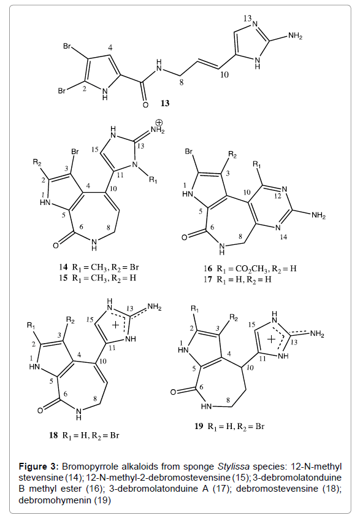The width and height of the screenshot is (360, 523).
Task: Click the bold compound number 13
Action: coord(165,103)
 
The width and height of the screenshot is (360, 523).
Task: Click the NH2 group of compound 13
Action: coord(295,36)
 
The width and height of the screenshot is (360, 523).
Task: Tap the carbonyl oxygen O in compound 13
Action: coord(145,106)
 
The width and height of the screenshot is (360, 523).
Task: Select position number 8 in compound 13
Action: coord(182,82)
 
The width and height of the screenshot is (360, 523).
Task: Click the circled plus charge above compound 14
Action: coord(159,122)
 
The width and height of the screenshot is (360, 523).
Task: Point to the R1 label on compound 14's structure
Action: coord(153,180)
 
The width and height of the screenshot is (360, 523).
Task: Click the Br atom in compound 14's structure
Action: coord(75,152)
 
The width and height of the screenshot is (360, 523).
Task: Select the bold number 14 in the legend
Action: coord(63,267)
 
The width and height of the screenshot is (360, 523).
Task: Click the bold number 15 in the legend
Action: coord(63,277)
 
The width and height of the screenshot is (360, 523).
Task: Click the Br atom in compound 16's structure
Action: coord(189,152)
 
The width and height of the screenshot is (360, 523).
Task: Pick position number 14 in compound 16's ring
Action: coord(283,237)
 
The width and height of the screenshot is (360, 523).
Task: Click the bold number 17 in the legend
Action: coord(208,279)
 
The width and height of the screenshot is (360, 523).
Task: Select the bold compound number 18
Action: coord(53,435)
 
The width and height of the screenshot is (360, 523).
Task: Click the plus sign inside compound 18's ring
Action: coord(115,325)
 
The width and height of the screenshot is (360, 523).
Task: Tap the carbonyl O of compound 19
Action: coord(173,392)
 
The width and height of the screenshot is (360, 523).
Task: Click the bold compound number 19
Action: coord(199,426)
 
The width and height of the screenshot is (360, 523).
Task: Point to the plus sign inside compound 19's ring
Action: coord(271,339)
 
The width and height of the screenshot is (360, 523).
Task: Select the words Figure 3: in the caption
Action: coord(39,467)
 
